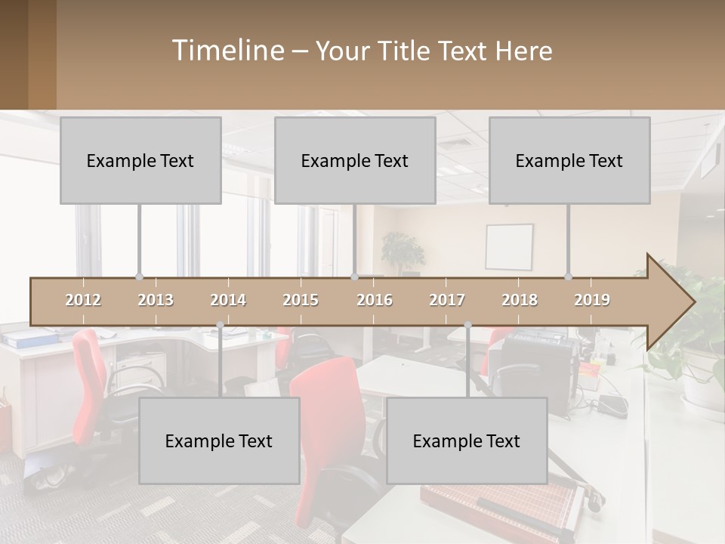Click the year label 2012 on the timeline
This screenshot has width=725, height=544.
(83, 300)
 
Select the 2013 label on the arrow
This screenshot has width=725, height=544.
(156, 300)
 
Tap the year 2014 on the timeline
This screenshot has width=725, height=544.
(228, 300)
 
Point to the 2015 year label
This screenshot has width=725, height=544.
(301, 300)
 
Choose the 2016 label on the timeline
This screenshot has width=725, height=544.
(375, 300)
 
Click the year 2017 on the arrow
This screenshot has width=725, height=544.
(447, 300)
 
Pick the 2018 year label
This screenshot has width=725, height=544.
(520, 300)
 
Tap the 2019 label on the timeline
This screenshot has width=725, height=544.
(592, 300)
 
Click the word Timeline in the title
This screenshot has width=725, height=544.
(227, 51)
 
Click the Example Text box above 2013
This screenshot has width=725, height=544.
(140, 160)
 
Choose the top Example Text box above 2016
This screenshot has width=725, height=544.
(355, 160)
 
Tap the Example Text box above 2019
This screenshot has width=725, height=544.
(569, 160)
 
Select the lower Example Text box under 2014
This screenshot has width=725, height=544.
(219, 440)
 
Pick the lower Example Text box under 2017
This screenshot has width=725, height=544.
(467, 440)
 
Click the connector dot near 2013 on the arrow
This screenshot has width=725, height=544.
(139, 277)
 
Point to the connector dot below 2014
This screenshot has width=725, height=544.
(220, 325)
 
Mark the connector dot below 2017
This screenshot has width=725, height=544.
(467, 325)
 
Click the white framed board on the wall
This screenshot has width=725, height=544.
(509, 247)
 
